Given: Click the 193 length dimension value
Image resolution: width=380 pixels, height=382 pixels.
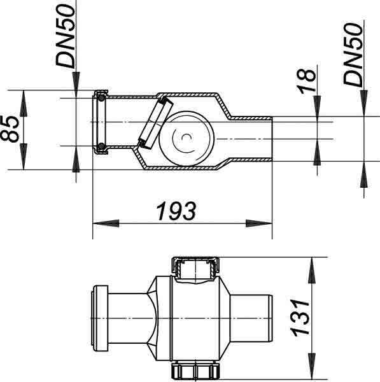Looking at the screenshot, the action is (176, 211).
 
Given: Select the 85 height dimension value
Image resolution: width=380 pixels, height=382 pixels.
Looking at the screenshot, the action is (10, 129).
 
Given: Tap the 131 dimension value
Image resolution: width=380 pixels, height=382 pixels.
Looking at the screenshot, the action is (300, 318).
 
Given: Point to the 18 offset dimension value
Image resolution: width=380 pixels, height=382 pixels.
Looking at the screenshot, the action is (306, 81).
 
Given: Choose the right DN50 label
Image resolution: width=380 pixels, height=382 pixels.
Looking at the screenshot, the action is (353, 54).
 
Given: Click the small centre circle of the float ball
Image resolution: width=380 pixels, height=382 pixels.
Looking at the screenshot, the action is (186, 138).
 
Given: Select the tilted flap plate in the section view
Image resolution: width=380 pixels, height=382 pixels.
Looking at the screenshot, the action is (156, 122).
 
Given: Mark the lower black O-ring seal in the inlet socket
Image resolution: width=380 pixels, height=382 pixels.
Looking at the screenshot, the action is (101, 146).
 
